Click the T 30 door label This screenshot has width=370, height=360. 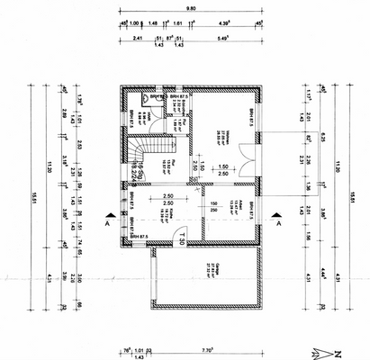[180, 240]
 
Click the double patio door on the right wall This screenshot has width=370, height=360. [263, 156]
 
